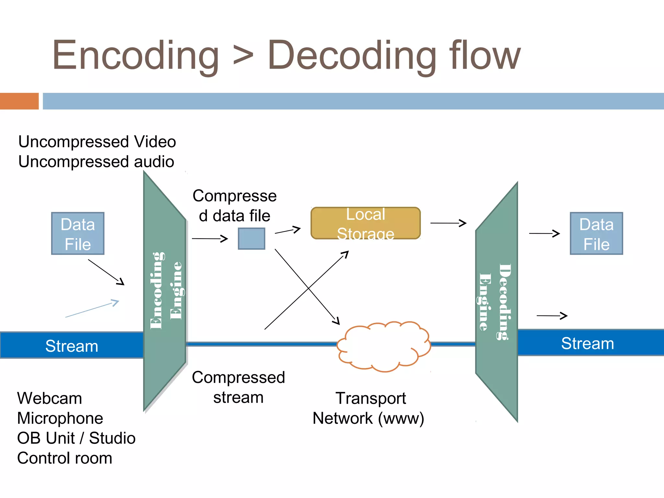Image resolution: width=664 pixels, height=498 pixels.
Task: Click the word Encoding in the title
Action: click(136, 56)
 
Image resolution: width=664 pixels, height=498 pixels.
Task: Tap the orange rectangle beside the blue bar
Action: click(19, 101)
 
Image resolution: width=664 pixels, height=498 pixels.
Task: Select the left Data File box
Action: click(78, 233)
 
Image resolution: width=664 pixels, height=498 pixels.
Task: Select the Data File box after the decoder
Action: click(596, 233)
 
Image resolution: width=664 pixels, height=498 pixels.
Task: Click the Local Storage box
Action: click(365, 223)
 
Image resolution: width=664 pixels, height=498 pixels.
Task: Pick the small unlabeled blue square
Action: click(251, 239)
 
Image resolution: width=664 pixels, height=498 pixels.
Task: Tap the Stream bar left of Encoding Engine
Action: click(72, 346)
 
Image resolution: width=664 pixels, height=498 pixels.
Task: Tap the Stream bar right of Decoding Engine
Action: click(587, 343)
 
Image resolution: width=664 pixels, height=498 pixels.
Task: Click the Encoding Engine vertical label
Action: click(166, 290)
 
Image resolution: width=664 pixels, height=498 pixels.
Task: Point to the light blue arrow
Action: click(92, 309)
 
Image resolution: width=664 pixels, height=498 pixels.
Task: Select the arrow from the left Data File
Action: click(106, 272)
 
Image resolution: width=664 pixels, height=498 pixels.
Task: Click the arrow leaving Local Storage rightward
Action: click(448, 223)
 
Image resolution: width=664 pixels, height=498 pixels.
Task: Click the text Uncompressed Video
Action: click(97, 142)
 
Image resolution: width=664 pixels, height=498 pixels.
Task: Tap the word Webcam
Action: click(50, 398)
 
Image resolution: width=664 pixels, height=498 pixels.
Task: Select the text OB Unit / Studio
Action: click(76, 438)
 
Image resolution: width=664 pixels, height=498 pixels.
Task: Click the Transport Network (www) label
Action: click(368, 408)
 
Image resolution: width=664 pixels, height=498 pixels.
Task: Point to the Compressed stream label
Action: click(238, 387)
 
